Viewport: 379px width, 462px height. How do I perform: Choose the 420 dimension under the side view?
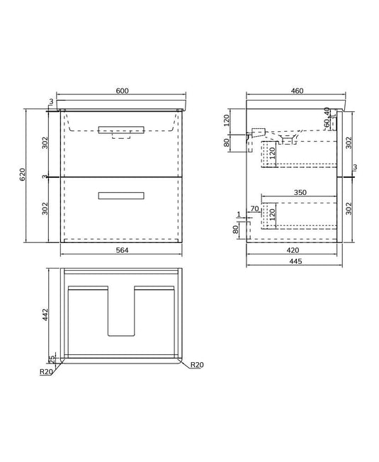(x=292, y=249)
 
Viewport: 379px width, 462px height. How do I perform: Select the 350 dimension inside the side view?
(x=300, y=193)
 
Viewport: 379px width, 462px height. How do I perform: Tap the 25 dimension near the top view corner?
(x=51, y=359)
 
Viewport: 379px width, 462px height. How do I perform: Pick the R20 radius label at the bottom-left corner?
(x=47, y=371)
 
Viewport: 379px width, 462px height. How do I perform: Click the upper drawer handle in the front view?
(x=121, y=128)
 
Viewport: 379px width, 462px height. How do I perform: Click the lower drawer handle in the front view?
(x=121, y=196)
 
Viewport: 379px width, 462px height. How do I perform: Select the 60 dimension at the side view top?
(x=327, y=124)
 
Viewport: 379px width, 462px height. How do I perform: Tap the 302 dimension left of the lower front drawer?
(x=45, y=208)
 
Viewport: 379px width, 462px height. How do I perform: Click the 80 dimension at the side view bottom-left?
(x=237, y=230)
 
